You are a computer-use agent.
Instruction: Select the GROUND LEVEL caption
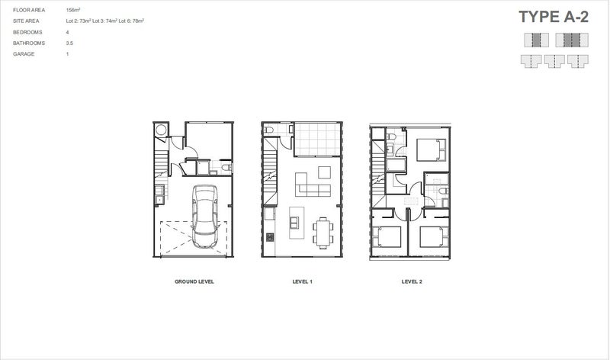[194, 281]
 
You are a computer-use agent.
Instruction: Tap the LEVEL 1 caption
[303, 281]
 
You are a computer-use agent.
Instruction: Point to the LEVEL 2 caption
[412, 281]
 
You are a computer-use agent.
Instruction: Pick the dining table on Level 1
[323, 230]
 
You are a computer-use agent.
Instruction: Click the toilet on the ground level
[225, 168]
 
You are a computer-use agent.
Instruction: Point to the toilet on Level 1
[269, 132]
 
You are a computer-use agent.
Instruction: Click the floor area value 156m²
[74, 10]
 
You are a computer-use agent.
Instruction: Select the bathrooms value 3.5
[69, 43]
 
